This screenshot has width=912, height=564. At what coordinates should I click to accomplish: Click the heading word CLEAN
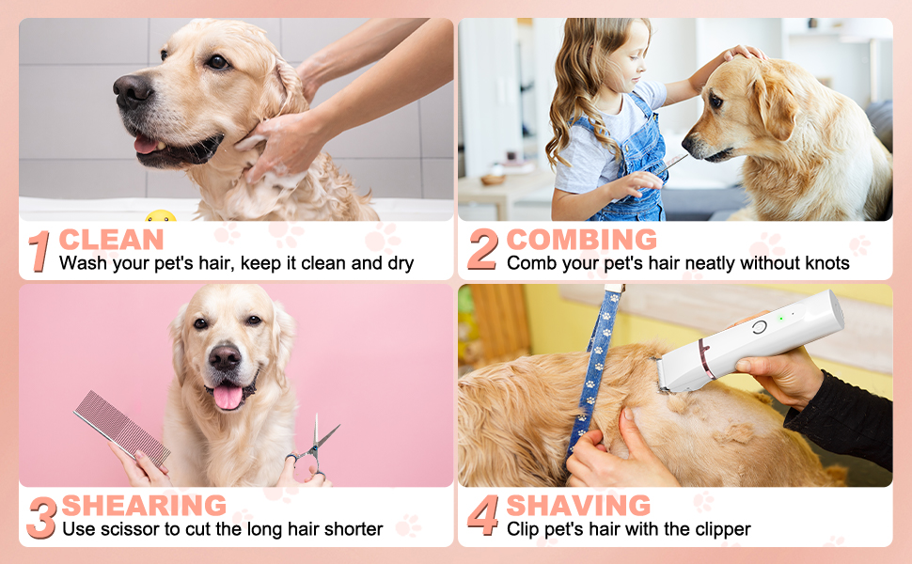click(111, 240)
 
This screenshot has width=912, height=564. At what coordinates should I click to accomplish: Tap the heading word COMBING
click(582, 240)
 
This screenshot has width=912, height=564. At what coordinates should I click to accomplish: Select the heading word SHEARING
click(144, 506)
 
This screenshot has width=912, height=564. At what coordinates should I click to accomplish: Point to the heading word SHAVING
click(578, 506)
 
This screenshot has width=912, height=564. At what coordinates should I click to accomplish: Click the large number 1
click(39, 251)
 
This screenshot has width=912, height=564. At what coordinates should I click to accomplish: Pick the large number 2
click(482, 249)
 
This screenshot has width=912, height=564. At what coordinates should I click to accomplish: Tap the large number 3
click(41, 517)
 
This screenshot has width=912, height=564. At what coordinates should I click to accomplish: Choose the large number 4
click(483, 515)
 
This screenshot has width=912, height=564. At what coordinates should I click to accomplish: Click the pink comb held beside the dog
click(121, 429)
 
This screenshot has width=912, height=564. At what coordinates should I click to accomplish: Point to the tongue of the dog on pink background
click(228, 397)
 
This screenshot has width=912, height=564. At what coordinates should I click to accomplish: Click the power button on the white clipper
click(759, 327)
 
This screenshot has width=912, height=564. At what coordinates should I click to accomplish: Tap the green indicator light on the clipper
click(781, 319)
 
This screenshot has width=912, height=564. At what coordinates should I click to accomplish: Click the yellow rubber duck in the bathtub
click(161, 216)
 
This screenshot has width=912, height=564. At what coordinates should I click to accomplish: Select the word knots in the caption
click(826, 263)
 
